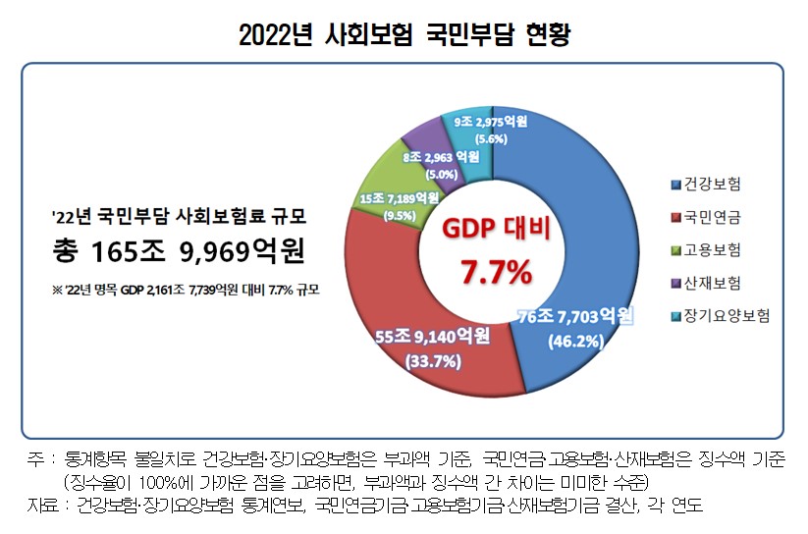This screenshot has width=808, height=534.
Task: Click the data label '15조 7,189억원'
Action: tap(399, 197)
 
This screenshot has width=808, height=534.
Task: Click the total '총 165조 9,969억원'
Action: tap(178, 250)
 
